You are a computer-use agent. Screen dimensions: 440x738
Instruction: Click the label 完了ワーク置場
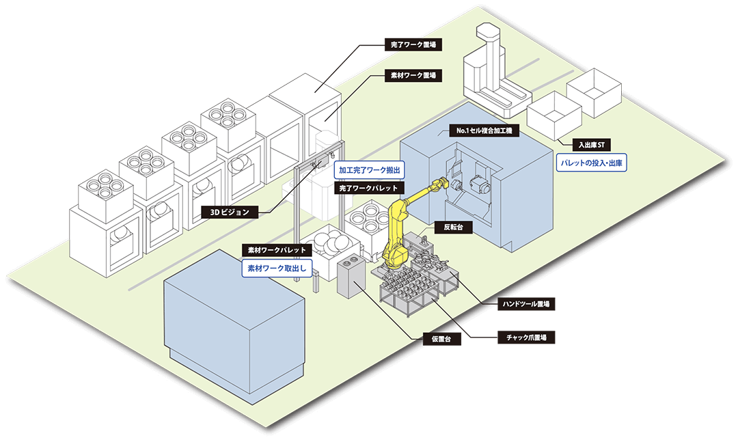point(413,45)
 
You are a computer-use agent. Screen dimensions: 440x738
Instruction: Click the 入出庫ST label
point(588,145)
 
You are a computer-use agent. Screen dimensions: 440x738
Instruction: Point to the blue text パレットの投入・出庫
point(592,164)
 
